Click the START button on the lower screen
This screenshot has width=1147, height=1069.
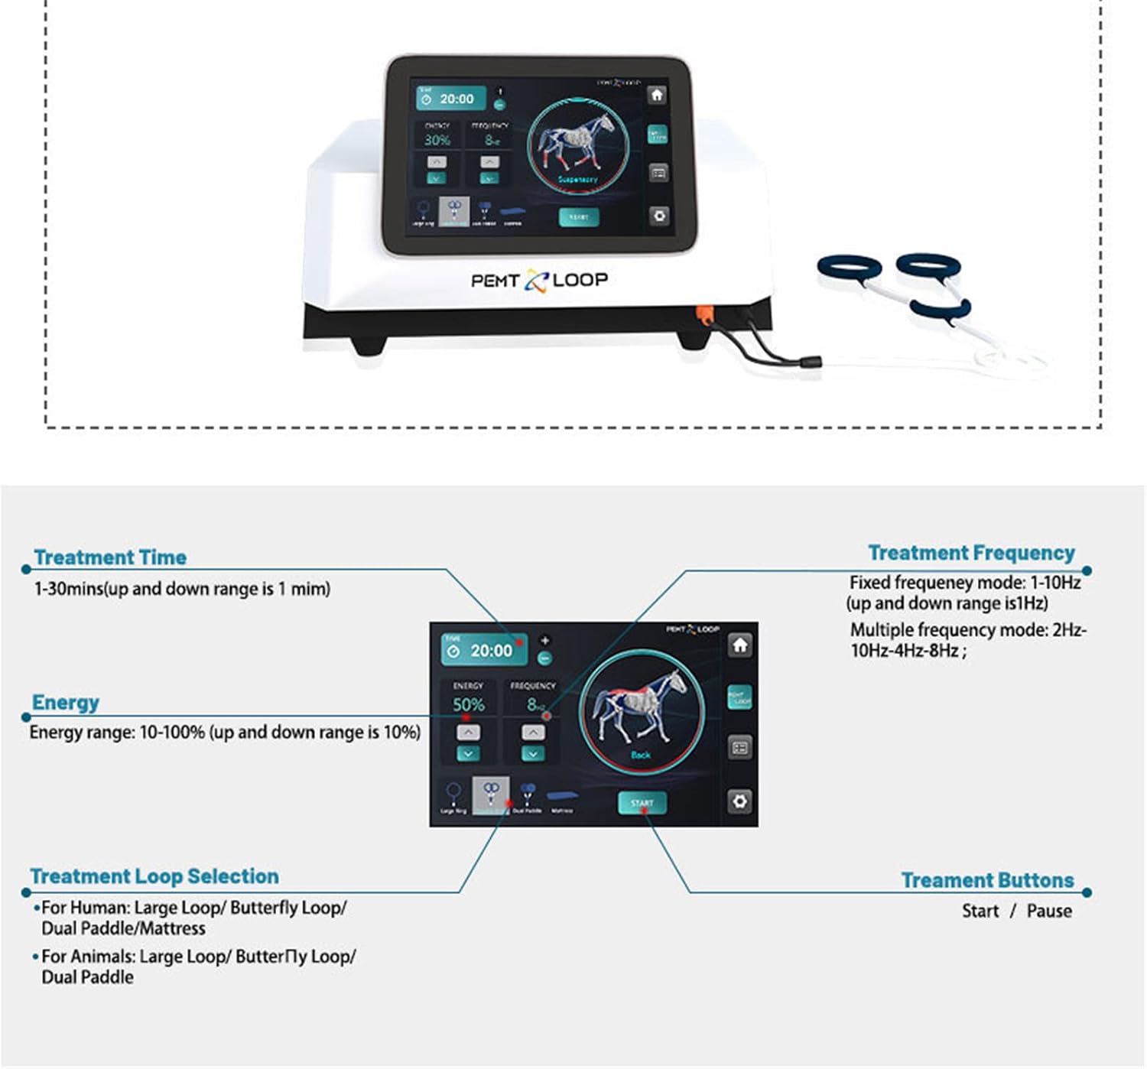[642, 802]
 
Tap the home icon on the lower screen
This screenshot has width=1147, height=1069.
[739, 645]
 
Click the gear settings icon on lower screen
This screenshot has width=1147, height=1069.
[739, 801]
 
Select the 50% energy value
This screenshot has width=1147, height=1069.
[468, 704]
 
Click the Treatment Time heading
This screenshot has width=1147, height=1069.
[110, 557]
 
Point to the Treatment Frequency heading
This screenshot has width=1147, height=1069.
[971, 552]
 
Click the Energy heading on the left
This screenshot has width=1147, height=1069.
[66, 702]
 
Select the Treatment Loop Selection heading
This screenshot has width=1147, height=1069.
[154, 876]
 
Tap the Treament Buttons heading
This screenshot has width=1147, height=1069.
[987, 880]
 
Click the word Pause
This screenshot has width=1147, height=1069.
[1048, 911]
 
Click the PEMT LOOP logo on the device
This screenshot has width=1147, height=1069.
[539, 281]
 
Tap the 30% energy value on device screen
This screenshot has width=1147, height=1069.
[437, 140]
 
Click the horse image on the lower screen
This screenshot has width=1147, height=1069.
[641, 708]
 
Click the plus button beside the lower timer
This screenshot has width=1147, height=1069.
[544, 640]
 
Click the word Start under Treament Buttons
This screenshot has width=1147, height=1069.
[980, 911]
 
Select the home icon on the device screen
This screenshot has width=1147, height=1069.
[656, 95]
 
